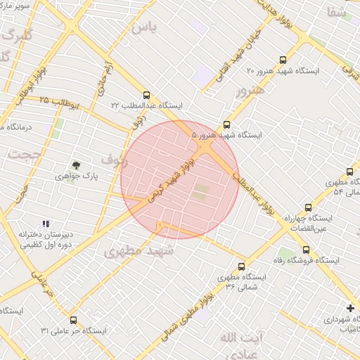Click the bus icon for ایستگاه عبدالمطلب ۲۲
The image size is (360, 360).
point(146,94)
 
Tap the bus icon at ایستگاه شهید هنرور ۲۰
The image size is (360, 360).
point(283,60)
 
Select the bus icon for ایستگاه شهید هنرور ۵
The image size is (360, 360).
point(226,124)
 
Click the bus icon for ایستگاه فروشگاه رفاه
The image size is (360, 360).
point(306,250)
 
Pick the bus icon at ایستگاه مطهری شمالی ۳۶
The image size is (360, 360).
point(242,266)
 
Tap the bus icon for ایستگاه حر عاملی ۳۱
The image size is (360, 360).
point(74,319)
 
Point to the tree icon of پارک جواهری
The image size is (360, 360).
point(76,165)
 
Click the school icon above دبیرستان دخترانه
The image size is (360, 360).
point(46,224)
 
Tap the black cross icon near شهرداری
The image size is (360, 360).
point(350,308)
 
